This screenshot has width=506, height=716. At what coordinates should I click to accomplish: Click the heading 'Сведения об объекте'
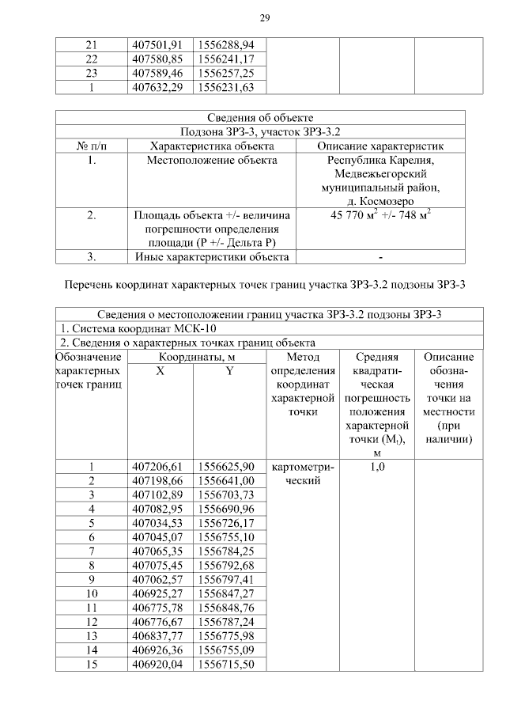260,118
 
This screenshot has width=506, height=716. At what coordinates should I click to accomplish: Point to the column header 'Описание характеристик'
379,146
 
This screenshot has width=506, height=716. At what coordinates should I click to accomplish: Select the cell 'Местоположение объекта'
212,161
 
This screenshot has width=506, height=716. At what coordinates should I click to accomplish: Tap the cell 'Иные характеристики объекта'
212,256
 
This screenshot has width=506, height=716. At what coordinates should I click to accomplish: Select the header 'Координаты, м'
193,358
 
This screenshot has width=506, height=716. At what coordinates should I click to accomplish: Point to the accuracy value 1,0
377,467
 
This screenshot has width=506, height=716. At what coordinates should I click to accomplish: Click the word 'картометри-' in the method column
303,467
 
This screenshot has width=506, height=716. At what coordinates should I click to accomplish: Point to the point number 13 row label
91,635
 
